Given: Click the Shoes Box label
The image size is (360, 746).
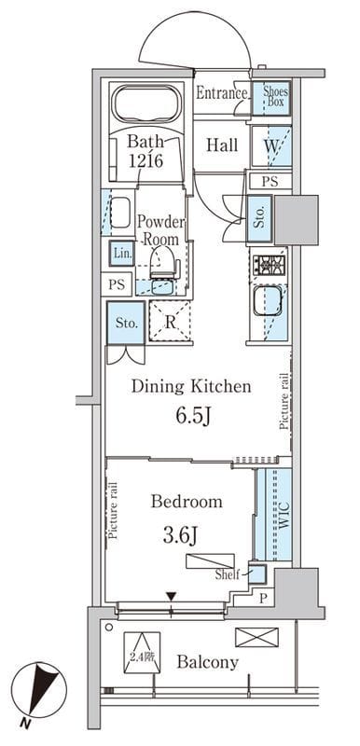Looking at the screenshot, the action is click(273, 95).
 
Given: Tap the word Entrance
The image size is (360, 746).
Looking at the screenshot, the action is click(223, 93).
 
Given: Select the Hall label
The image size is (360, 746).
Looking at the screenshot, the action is click(222, 145).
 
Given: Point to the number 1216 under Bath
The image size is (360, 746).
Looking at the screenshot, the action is click(146, 160).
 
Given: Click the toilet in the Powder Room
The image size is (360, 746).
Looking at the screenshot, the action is click(162, 263).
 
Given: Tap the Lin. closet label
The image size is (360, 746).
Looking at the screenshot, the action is click(121, 253).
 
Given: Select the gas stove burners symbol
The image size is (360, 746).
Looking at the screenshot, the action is click(270, 264).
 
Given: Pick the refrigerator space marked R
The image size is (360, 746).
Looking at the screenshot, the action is click(170, 321).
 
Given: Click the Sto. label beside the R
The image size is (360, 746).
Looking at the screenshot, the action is click(127, 324).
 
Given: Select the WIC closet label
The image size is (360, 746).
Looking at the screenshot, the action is click(284, 517).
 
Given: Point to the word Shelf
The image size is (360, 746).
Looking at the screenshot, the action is click(228, 574).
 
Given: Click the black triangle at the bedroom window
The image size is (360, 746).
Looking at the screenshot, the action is click(172, 596).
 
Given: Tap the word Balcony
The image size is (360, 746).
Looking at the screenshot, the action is click(207, 662).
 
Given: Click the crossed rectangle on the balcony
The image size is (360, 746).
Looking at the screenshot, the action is click(256, 637).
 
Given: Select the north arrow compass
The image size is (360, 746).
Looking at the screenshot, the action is click(39, 691).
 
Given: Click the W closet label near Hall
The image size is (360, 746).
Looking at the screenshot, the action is click(270, 146).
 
